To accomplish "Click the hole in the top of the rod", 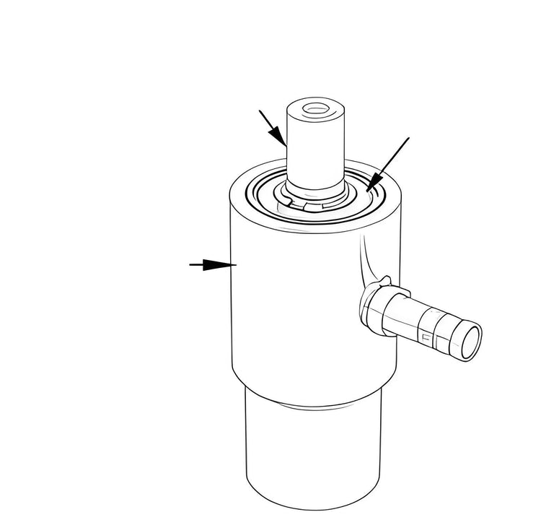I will [315, 110].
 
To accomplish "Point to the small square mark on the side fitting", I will [426, 337].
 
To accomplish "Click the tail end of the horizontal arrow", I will [191, 265].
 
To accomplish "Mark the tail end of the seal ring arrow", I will [408, 138].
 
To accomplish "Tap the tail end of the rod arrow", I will [260, 111].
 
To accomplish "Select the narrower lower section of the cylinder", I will [312, 448].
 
